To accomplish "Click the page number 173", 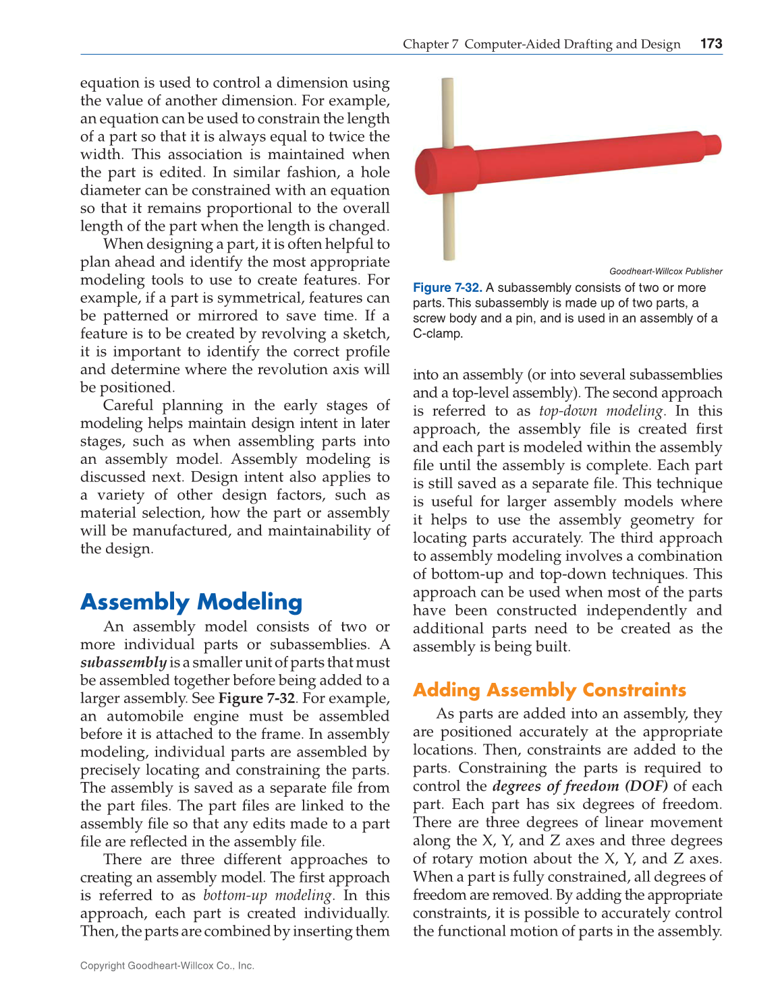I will (711, 44).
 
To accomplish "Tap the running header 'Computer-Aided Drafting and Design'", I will (572, 44).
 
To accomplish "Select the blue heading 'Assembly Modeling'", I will (191, 601).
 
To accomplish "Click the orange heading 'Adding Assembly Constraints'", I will (549, 690).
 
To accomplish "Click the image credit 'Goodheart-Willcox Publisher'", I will (665, 271).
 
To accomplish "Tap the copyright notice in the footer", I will (167, 965).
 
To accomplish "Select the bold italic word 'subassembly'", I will (123, 662).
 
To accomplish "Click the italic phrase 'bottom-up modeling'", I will (268, 895).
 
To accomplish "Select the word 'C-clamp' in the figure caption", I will (437, 334).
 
